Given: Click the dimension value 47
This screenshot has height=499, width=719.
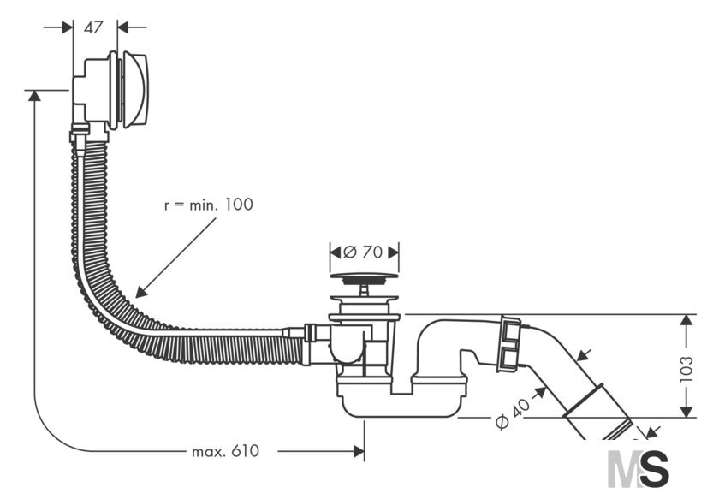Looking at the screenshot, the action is click(93, 27).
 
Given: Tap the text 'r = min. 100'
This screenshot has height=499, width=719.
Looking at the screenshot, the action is click(209, 205).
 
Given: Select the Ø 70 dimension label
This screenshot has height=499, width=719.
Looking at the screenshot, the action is click(363, 252).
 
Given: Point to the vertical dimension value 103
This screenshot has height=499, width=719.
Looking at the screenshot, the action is click(686, 368).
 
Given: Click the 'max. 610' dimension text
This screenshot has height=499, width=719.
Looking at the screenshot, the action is click(226, 451).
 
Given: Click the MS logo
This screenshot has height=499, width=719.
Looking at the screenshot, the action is click(639, 468).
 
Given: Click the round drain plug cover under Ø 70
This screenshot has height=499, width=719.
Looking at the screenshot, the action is click(364, 276).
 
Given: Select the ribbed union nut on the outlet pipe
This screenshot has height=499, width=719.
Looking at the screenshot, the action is click(508, 342).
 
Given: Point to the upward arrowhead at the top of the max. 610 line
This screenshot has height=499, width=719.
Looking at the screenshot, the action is click(34, 96).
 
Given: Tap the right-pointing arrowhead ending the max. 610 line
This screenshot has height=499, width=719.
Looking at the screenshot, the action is click(359, 451).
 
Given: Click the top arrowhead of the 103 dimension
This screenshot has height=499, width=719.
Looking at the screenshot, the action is click(686, 320).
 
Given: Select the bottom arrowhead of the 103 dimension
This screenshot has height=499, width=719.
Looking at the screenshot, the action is click(686, 412).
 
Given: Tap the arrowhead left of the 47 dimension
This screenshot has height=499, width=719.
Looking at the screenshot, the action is click(68, 27).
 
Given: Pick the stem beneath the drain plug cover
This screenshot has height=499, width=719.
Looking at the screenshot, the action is click(364, 290).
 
